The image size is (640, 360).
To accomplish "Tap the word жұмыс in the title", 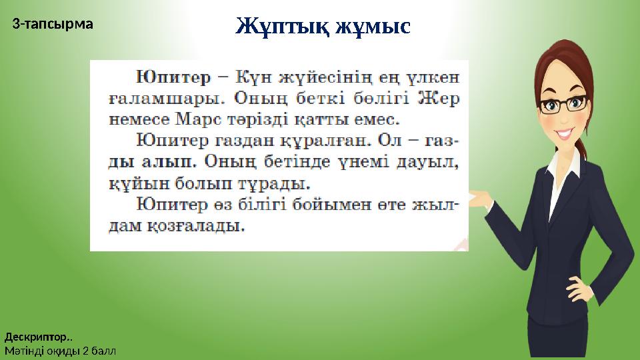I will pos(373,27).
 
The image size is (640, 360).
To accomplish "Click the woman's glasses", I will pos(567,103).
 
